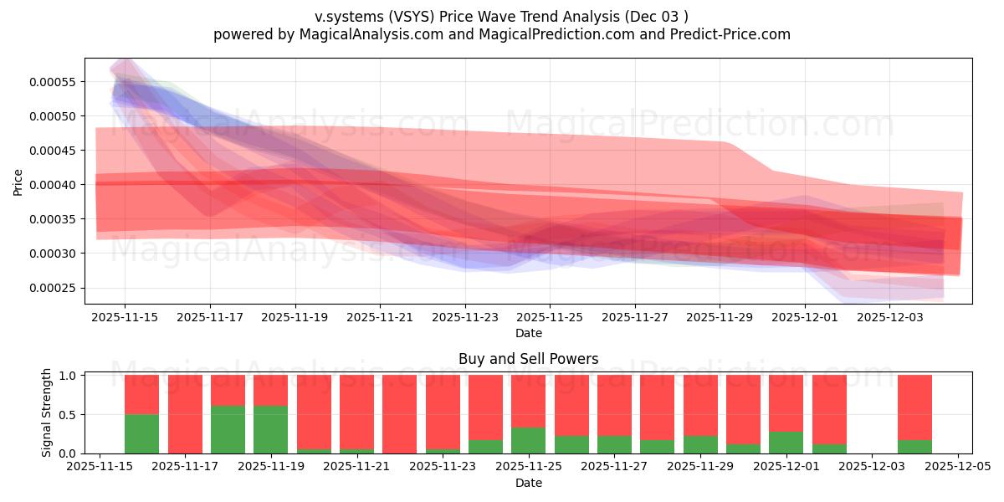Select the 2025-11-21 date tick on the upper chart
(380, 317)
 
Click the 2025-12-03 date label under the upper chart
(890, 317)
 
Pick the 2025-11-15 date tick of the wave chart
(125, 317)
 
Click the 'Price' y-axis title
(18, 181)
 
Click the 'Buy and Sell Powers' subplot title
(528, 359)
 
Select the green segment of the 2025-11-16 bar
(141, 433)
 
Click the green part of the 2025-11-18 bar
(228, 429)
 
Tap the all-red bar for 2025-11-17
(185, 414)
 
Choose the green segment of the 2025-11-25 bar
(528, 440)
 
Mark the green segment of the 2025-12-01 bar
(786, 443)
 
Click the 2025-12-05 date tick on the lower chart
(957, 467)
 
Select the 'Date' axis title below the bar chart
(528, 483)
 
